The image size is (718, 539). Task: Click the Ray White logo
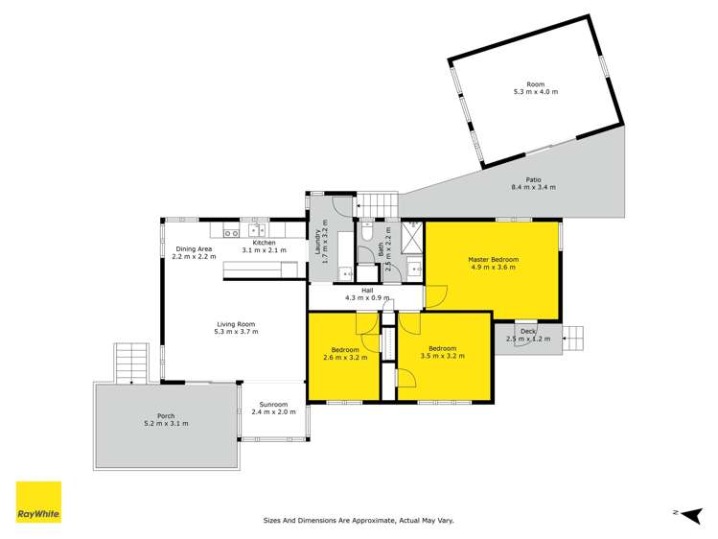[x=38, y=503]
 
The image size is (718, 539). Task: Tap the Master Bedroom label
[x=493, y=260]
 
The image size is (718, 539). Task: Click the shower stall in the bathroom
[x=414, y=235]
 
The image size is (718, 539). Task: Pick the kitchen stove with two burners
[x=230, y=231]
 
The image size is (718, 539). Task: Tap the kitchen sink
[x=257, y=230]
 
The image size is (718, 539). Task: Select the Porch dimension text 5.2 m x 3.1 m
[x=166, y=423]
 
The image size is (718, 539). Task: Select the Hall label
[x=367, y=290]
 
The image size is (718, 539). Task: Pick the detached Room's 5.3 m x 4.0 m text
[x=535, y=92]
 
